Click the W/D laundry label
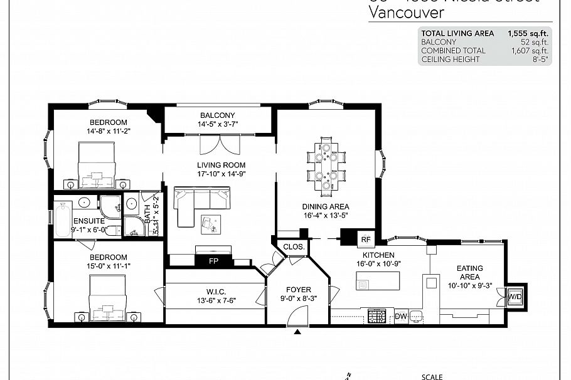click(515, 295)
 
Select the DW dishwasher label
click(401, 317)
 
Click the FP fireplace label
click(213, 261)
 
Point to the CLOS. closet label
click(294, 247)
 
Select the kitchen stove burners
click(376, 317)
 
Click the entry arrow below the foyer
click(297, 331)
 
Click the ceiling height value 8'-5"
click(539, 60)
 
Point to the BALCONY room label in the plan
click(217, 115)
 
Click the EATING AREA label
click(469, 273)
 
